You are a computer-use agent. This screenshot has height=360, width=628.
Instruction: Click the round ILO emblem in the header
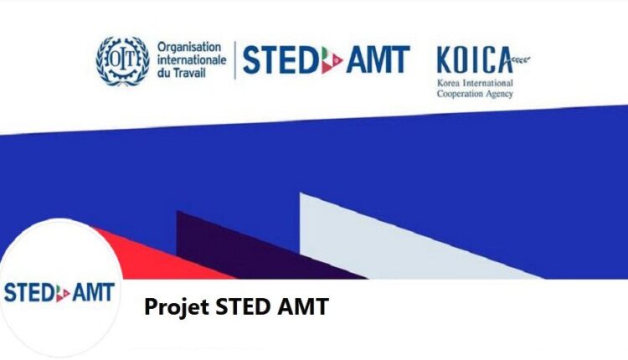tap(121, 60)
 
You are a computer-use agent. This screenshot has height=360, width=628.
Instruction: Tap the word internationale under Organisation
tap(192, 60)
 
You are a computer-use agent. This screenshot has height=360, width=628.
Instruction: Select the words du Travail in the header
tap(180, 75)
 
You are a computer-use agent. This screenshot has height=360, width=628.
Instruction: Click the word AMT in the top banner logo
tap(376, 60)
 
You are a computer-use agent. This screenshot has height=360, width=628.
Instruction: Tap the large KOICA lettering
tap(474, 61)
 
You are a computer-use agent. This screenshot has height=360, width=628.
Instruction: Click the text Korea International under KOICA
tap(475, 84)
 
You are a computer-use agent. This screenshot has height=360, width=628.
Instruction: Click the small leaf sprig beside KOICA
tap(521, 59)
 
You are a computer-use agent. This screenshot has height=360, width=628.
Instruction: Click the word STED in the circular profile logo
tap(28, 294)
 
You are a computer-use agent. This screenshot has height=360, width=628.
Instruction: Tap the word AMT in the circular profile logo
tap(93, 294)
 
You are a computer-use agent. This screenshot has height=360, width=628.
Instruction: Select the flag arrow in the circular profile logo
tap(64, 294)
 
